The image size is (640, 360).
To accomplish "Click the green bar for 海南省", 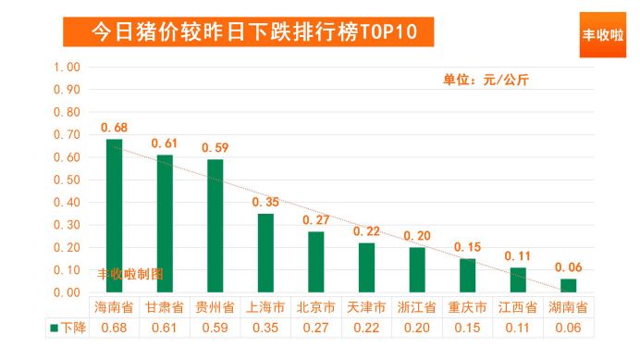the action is [x=115, y=216].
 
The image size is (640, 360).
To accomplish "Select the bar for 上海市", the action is [x=265, y=253].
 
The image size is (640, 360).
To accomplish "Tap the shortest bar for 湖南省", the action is [x=568, y=286].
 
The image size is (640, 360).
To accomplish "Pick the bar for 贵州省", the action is [x=215, y=226].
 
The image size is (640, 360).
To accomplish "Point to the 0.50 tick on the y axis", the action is [x=67, y=180].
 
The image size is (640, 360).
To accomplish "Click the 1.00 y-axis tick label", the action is [x=67, y=67].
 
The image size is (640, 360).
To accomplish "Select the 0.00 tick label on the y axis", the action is [x=67, y=292].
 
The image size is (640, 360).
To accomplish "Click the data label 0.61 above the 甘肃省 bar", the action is [x=165, y=143].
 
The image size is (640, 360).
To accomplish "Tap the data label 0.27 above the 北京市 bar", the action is [x=316, y=220].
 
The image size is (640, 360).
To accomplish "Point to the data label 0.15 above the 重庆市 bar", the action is [x=467, y=247].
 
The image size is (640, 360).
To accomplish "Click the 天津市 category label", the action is [x=366, y=307].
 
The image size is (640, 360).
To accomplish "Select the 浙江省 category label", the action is [x=417, y=307].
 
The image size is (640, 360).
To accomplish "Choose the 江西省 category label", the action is [x=518, y=307].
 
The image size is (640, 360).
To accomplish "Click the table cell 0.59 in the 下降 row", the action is [x=215, y=328].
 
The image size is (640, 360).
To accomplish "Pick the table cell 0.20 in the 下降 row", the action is [x=417, y=328].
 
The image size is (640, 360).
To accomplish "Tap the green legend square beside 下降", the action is [x=54, y=329].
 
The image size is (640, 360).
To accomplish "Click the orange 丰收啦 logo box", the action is [x=603, y=35].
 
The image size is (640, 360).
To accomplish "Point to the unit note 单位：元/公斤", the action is [x=486, y=80].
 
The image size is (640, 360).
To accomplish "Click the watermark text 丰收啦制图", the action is [x=130, y=274].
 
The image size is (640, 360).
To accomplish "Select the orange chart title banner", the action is [x=249, y=31].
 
